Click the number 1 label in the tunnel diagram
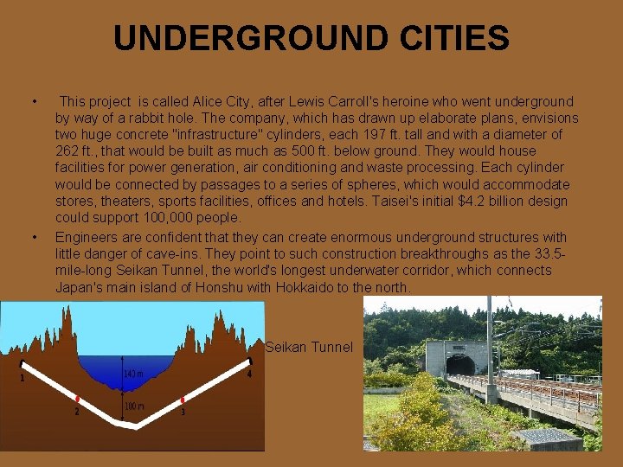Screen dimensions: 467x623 [x=22, y=377]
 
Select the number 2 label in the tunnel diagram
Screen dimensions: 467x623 [x=76, y=412]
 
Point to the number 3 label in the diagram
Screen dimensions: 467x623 [x=183, y=412]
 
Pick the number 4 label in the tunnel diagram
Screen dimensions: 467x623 [x=249, y=374]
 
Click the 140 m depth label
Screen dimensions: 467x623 [x=133, y=374]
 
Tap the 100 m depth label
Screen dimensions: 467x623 [x=133, y=405]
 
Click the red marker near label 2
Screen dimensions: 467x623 [x=78, y=399]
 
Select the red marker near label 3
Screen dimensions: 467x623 [x=183, y=400]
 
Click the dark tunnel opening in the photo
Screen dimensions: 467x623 [x=459, y=365]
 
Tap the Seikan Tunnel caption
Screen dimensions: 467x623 [x=309, y=347]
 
